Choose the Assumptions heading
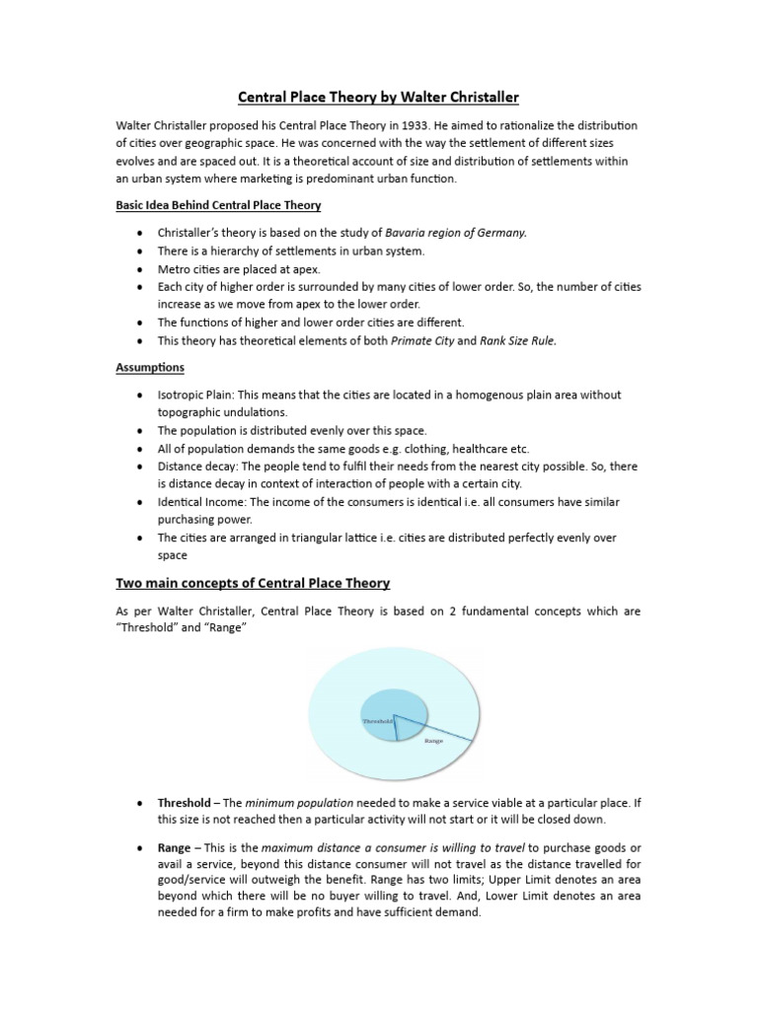coord(150,367)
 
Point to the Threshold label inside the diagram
coord(377,721)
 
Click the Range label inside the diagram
coord(433,739)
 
